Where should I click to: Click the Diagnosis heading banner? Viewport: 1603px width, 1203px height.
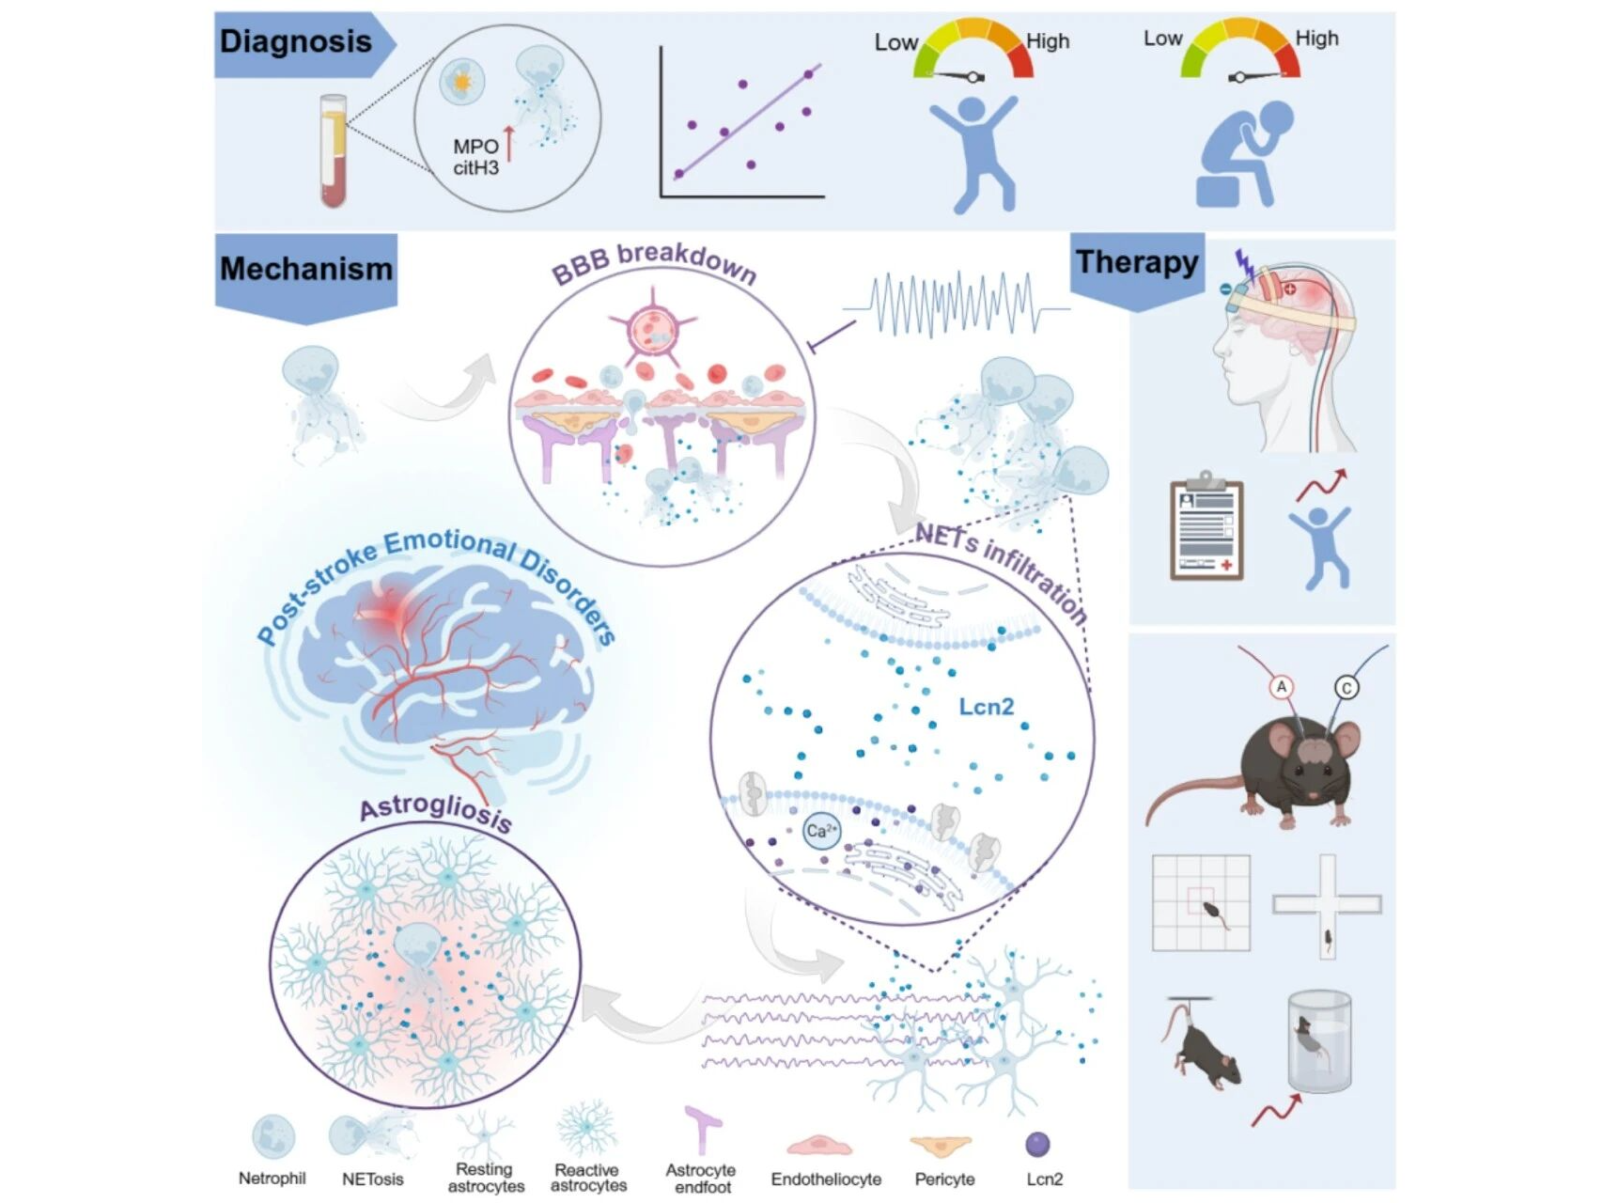[x=296, y=42]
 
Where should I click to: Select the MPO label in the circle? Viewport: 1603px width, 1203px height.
[x=475, y=147]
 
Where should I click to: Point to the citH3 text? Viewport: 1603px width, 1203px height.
[x=476, y=168]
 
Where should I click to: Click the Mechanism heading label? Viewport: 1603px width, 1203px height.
[x=306, y=269]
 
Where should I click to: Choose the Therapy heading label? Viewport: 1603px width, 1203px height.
[x=1137, y=262]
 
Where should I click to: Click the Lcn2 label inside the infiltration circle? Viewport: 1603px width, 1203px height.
[x=986, y=707]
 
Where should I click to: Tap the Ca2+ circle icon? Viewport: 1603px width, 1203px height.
[x=821, y=831]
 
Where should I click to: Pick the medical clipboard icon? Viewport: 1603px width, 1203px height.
[x=1206, y=528]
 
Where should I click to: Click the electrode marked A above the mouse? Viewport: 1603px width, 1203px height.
[x=1282, y=687]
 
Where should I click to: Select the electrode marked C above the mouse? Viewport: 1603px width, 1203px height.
[x=1346, y=688]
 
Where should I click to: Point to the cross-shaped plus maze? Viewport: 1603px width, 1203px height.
[x=1327, y=904]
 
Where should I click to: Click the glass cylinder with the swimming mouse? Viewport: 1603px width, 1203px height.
[x=1319, y=1041]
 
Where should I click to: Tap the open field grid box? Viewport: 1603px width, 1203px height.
[x=1201, y=902]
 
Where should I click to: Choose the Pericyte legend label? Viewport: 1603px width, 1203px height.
[x=944, y=1179]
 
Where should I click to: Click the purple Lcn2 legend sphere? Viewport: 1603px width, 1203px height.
[x=1037, y=1144]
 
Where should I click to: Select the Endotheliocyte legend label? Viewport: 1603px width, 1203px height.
[x=826, y=1179]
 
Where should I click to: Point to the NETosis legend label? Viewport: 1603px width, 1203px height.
[x=372, y=1179]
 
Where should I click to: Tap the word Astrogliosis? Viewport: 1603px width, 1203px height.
[x=436, y=814]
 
